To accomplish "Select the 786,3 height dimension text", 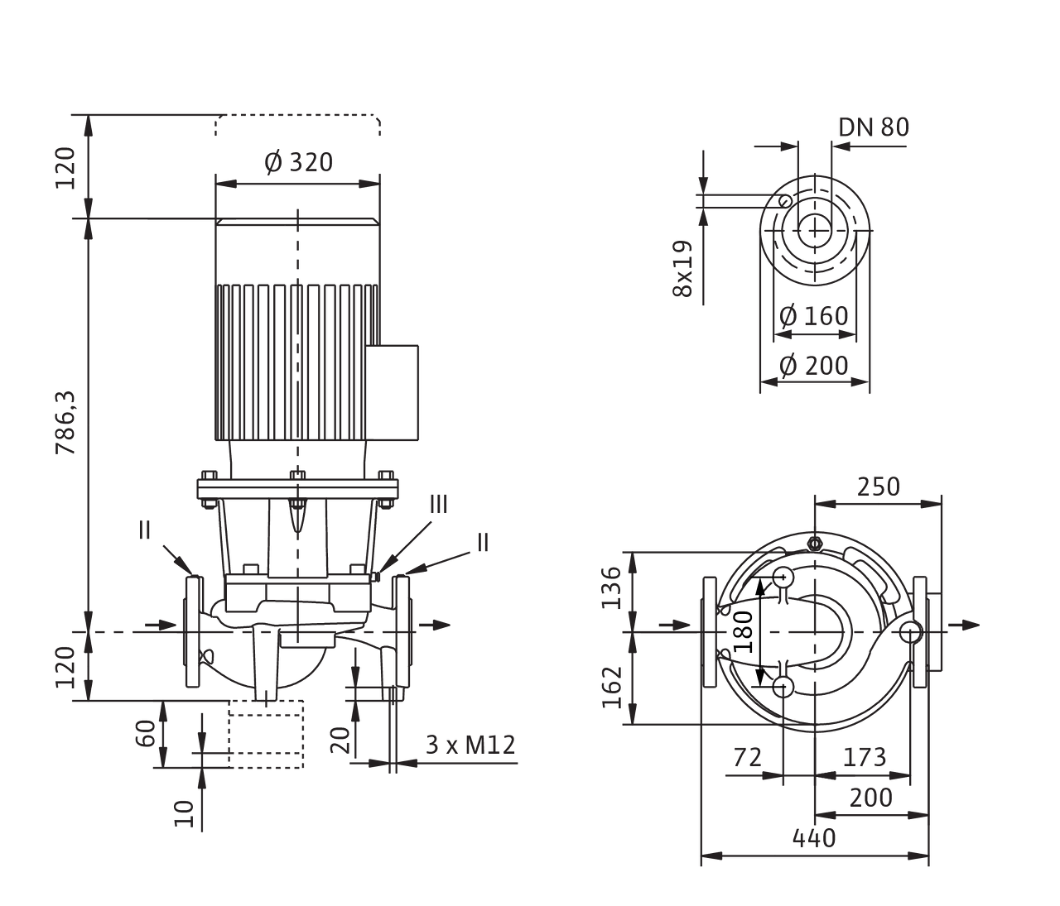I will coord(70,422).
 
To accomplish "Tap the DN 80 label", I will coord(873,127).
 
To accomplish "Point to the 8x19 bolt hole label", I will coord(684,270).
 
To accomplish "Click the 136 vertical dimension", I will coord(611,588).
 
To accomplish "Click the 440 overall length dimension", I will coord(813,838).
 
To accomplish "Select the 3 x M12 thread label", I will coord(470,745).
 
